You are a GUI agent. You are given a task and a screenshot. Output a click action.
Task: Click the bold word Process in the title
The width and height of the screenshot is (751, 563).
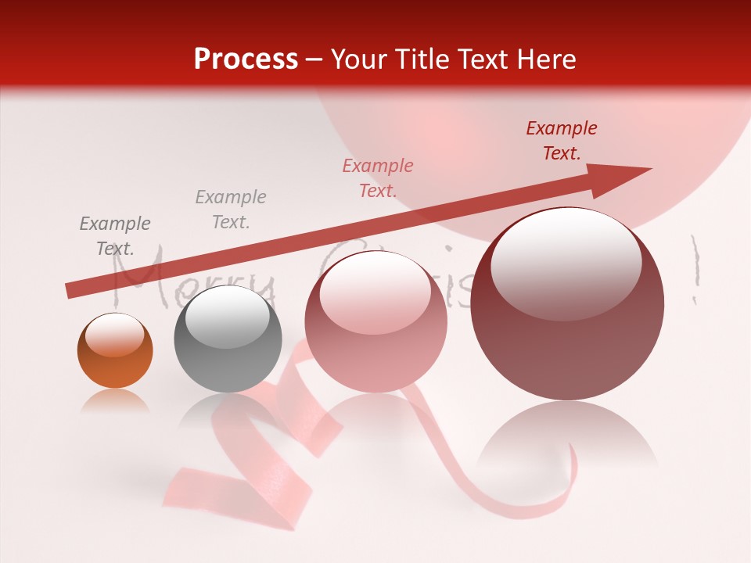pos(246,59)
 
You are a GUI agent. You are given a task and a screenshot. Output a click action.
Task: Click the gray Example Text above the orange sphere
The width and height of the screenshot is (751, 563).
pos(115,236)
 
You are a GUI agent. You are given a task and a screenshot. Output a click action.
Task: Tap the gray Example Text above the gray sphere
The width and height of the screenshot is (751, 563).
pos(231,210)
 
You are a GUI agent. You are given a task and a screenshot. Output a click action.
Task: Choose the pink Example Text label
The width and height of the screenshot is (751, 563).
pos(378,178)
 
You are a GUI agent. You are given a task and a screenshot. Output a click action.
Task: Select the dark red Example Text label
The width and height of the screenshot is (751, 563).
pos(562,141)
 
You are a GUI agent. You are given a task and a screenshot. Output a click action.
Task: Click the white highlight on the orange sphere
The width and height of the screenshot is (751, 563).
pos(114,335)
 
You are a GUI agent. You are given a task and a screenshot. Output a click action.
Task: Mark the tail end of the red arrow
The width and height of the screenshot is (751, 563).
pos(72,290)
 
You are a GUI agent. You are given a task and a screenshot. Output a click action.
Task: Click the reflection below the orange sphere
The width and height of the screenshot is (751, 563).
pos(115,400)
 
